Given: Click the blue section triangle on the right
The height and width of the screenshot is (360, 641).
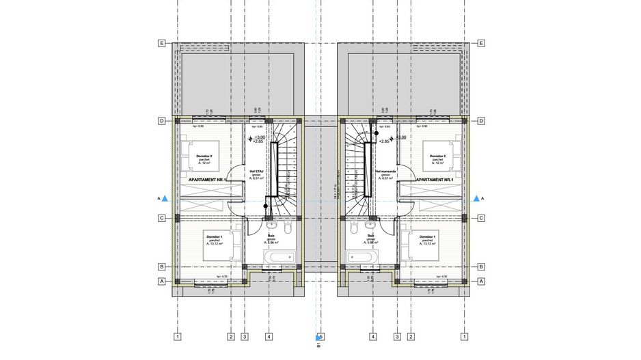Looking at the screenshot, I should [x=476, y=198].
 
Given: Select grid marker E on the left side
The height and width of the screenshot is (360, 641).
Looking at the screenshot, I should [x=162, y=43].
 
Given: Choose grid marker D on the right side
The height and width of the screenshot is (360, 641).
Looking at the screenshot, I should [x=481, y=121].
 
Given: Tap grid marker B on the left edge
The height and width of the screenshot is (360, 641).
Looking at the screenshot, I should [x=162, y=266].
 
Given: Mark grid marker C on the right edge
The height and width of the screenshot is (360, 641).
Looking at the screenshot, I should [x=481, y=219].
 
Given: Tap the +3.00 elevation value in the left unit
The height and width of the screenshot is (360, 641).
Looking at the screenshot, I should [x=259, y=137].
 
